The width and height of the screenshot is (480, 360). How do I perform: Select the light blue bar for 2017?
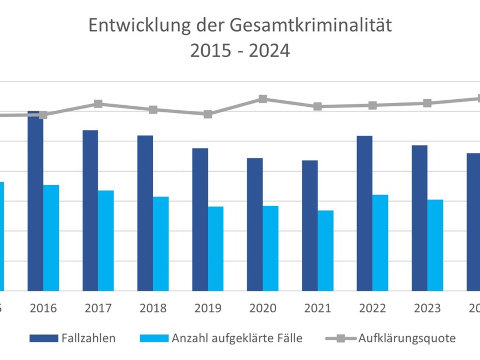point(106,240)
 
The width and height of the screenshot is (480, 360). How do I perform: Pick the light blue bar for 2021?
point(326,250)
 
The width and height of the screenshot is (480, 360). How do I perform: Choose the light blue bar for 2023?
point(435,245)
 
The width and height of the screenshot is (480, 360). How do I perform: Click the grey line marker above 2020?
point(263,99)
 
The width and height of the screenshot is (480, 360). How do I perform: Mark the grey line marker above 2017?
point(98,104)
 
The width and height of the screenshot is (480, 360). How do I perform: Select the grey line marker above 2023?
point(428,103)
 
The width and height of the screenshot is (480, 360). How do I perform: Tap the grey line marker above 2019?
point(208,114)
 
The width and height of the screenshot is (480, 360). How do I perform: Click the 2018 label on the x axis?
point(153,308)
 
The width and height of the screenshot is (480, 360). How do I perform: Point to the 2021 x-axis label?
point(318,308)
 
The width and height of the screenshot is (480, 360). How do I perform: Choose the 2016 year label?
point(43,308)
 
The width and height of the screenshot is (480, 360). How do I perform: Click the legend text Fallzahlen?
point(88,338)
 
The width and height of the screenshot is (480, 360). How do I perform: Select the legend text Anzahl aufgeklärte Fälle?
point(237,338)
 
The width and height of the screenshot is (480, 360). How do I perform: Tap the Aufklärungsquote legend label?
point(407,338)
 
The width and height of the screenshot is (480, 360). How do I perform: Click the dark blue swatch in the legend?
point(44,339)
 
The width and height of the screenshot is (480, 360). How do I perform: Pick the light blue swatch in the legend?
point(154,339)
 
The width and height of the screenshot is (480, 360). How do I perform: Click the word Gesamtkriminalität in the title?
point(311,26)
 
